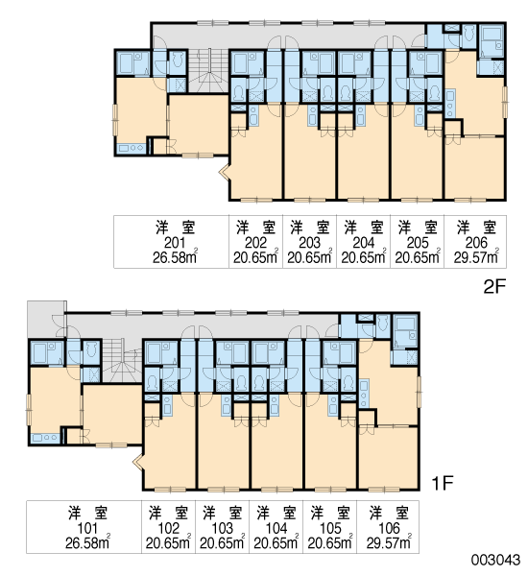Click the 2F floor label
(494, 286)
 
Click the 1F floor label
(443, 483)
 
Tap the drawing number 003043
(495, 560)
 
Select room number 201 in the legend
(175, 243)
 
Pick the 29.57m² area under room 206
(476, 257)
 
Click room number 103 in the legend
(223, 528)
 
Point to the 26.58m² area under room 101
(87, 542)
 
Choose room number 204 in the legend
(364, 243)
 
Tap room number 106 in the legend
(389, 528)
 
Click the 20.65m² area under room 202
(255, 257)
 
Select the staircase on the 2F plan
(208, 70)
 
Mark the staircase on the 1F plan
(121, 362)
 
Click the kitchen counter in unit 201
(131, 149)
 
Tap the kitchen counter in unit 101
(45, 438)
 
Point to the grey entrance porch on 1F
(47, 319)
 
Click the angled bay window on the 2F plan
(224, 171)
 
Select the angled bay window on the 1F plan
(137, 461)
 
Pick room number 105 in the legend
(330, 528)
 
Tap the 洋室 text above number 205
(418, 228)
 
